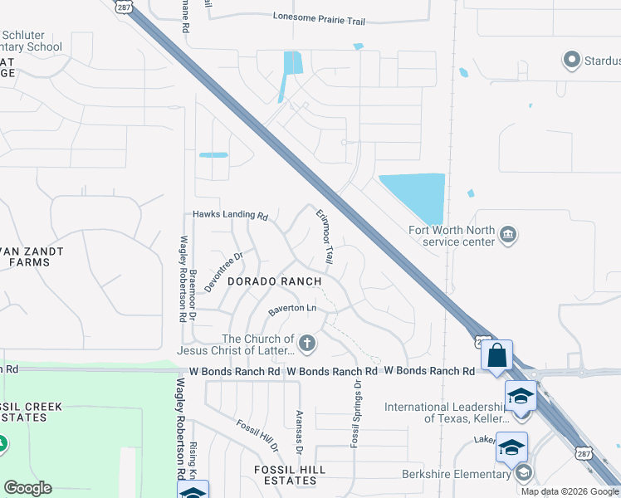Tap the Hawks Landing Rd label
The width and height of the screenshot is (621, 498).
(x=230, y=214)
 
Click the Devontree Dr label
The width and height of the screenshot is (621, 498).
(x=222, y=271)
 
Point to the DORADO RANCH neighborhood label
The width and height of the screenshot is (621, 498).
(x=274, y=281)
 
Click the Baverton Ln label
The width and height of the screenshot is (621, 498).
(x=292, y=310)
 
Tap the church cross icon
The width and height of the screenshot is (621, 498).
(x=307, y=343)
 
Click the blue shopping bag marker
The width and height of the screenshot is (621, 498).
(x=496, y=355)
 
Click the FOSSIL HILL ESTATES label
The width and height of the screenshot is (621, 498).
(x=277, y=470)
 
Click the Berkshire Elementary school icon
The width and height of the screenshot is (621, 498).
(x=523, y=474)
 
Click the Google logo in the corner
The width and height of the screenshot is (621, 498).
(x=27, y=488)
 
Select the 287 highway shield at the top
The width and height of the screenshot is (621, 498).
(x=123, y=6)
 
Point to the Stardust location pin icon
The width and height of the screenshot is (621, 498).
(x=570, y=60)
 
